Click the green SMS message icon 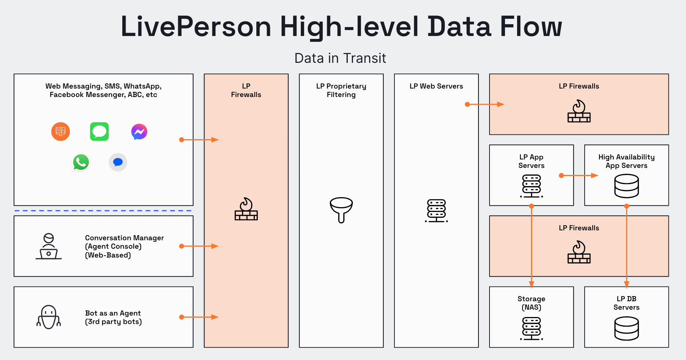(99, 132)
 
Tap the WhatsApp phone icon (81, 162)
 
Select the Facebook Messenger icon (139, 132)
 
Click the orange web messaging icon (61, 132)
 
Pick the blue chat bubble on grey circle (118, 162)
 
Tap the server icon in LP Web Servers (436, 211)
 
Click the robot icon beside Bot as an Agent (48, 317)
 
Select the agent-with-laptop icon (48, 246)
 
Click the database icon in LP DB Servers (627, 328)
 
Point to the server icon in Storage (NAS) (531, 328)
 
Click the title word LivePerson (196, 26)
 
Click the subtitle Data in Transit (340, 58)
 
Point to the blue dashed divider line (103, 210)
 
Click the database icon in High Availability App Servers (627, 186)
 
